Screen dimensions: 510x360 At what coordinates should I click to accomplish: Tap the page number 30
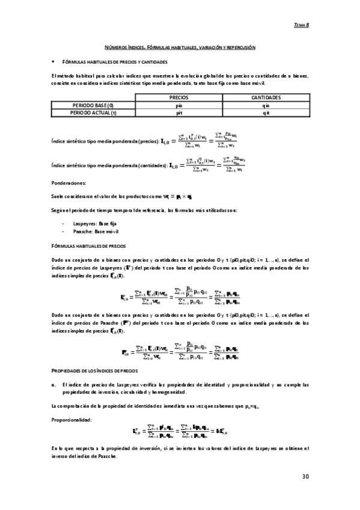(x=305, y=476)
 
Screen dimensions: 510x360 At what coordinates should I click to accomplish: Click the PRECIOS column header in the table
(x=179, y=97)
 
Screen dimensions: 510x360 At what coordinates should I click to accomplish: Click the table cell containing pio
(x=179, y=105)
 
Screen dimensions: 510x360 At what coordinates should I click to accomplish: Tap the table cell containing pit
(x=179, y=112)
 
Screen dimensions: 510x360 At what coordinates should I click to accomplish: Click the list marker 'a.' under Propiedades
(x=54, y=384)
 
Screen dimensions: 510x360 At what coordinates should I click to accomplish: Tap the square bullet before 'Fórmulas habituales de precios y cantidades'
(x=53, y=62)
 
